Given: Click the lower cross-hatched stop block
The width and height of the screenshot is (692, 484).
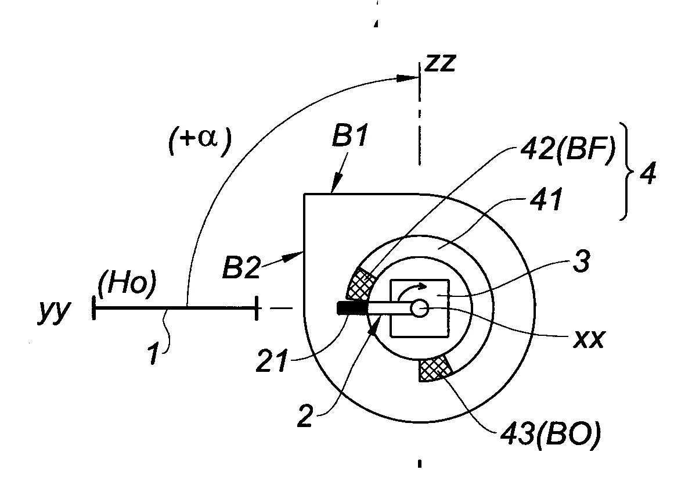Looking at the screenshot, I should click(435, 368).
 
